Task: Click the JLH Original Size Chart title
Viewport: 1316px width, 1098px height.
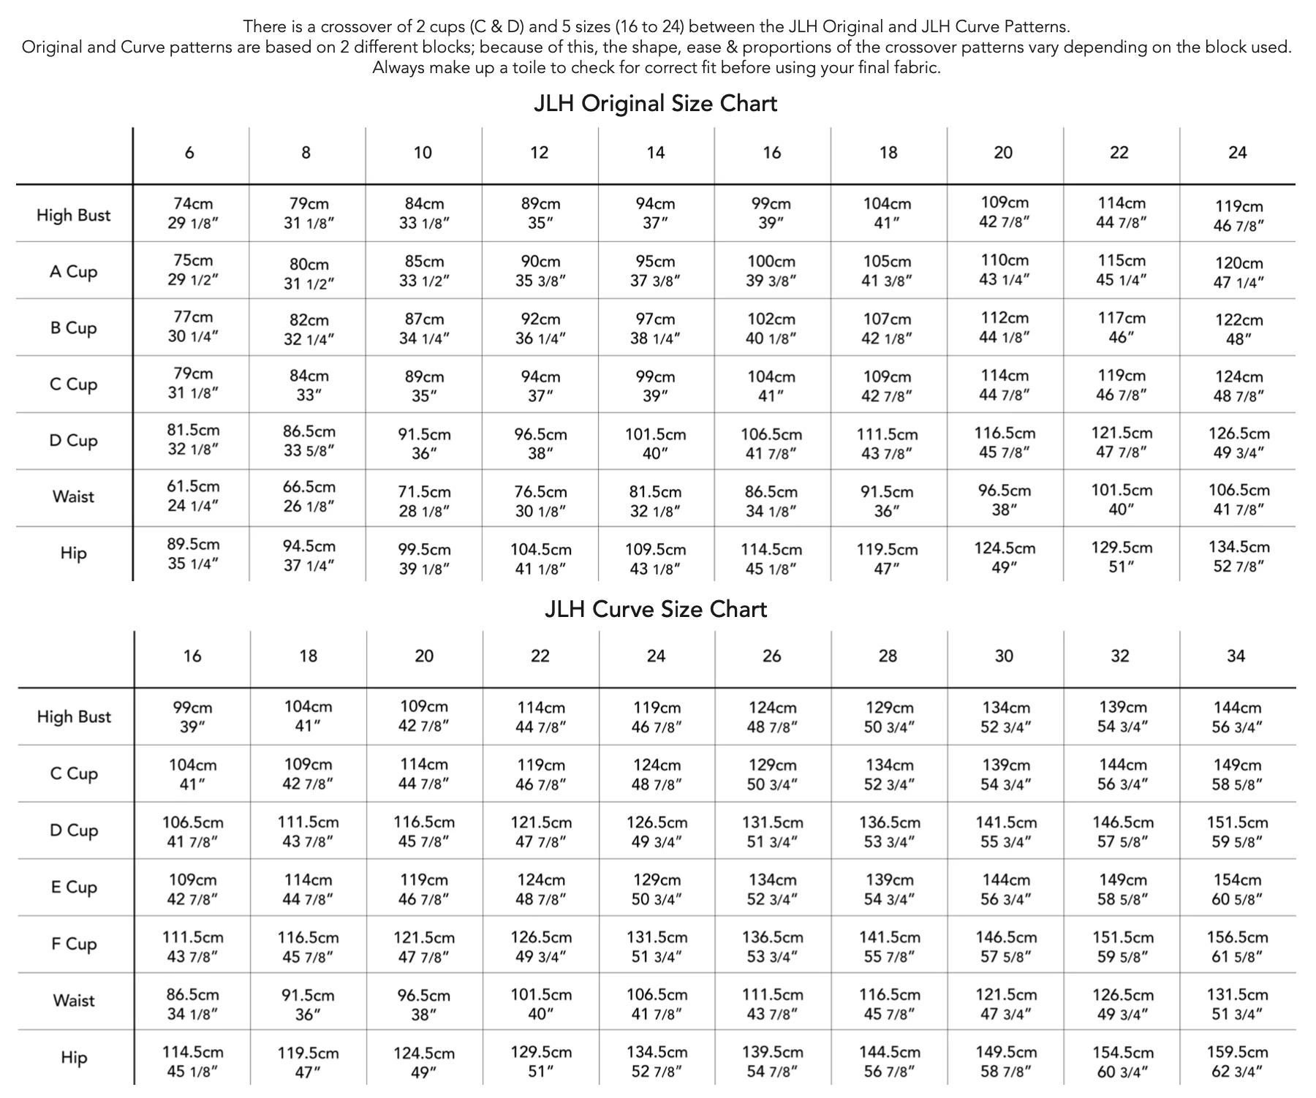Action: pyautogui.click(x=655, y=104)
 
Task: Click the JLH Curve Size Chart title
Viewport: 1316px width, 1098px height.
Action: pyautogui.click(x=656, y=610)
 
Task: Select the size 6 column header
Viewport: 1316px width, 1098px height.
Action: pyautogui.click(x=189, y=153)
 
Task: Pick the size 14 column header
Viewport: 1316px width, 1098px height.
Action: pyautogui.click(x=656, y=153)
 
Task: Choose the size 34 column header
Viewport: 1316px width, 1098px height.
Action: pyautogui.click(x=1236, y=656)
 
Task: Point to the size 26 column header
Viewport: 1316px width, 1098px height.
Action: pyautogui.click(x=772, y=656)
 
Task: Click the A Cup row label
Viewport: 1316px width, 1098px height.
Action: pyautogui.click(x=73, y=272)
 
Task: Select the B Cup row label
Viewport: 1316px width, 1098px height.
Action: pyautogui.click(x=73, y=328)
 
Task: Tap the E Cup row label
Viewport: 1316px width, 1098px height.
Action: pyautogui.click(x=74, y=887)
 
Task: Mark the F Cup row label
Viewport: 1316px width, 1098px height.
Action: pyautogui.click(x=74, y=944)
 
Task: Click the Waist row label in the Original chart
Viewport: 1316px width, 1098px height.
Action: pyautogui.click(x=73, y=497)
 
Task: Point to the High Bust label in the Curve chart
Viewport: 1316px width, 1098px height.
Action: pyautogui.click(x=74, y=717)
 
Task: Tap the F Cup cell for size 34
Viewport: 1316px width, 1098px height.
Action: pyautogui.click(x=1237, y=947)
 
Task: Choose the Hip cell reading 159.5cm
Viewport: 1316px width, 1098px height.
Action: pyautogui.click(x=1237, y=1061)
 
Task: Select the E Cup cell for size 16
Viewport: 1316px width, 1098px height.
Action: pyautogui.click(x=192, y=889)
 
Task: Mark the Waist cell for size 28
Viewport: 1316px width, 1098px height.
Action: pyautogui.click(x=889, y=1004)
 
